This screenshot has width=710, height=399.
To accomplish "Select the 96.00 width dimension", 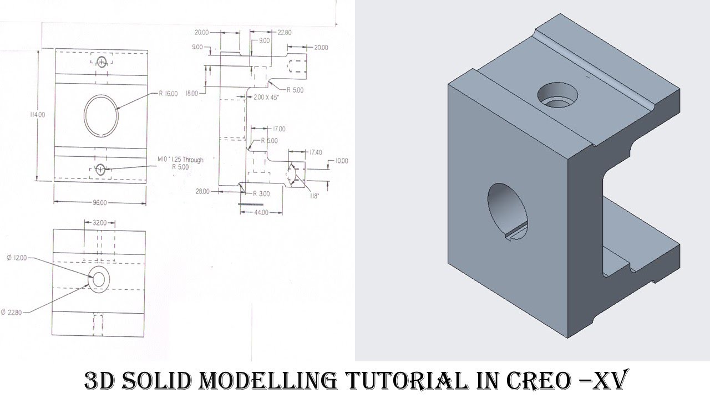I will tap(100, 202).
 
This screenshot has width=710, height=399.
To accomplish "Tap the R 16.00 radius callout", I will tap(168, 94).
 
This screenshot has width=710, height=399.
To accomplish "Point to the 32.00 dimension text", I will tap(100, 222).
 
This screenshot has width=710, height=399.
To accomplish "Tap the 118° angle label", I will tap(315, 196).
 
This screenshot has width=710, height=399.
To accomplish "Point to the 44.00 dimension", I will tap(261, 212).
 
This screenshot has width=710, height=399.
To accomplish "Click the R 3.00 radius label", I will tap(261, 194).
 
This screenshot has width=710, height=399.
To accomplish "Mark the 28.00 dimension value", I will tap(202, 191).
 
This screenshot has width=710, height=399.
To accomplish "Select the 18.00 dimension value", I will tap(192, 94).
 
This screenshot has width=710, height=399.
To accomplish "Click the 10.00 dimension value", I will tap(341, 161).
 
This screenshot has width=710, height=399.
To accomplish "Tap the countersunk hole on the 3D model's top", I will tap(557, 95).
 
